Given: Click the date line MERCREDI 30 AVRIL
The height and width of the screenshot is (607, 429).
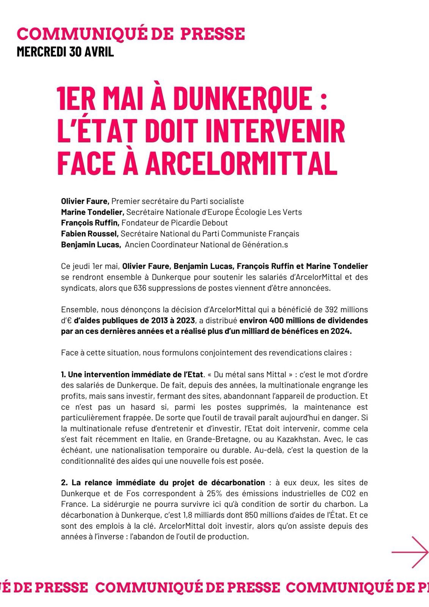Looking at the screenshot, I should tap(65, 52).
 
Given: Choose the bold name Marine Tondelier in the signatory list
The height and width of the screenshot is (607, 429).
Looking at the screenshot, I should tap(93, 212).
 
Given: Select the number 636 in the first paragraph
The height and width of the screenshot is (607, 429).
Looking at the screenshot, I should tap(129, 288).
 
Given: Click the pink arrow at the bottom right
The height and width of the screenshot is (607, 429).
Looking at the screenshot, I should tap(410, 552).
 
